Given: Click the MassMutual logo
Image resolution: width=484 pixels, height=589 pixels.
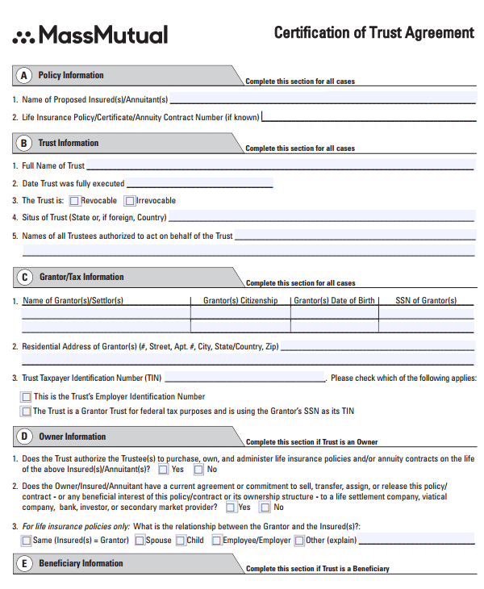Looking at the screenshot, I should click(90, 35).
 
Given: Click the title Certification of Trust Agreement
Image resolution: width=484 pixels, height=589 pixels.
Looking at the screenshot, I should click(373, 33).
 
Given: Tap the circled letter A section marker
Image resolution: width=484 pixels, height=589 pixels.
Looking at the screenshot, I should click(24, 75).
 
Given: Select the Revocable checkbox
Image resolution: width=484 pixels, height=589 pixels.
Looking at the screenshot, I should click(74, 201).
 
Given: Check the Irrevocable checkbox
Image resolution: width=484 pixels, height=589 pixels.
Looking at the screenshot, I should click(130, 201).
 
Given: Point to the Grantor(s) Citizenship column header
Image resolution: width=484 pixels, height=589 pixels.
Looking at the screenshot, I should click(240, 301).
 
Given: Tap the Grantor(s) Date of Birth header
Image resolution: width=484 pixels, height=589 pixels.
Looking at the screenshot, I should click(334, 301).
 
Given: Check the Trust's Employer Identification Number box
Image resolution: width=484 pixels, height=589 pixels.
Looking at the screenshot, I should click(27, 397).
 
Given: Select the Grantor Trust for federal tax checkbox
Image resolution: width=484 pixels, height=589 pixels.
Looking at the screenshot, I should click(27, 411).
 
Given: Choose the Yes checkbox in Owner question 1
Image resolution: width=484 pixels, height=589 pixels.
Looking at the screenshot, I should click(163, 470).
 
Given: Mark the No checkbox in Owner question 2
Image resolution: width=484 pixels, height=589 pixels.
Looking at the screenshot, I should click(264, 508).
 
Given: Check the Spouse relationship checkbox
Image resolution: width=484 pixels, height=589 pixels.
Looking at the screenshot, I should click(139, 541).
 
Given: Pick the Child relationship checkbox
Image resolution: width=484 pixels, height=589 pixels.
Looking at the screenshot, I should click(180, 541).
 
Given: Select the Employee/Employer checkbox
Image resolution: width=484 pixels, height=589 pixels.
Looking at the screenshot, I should click(216, 541).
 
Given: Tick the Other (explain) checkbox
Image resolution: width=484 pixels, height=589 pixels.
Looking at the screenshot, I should click(299, 541).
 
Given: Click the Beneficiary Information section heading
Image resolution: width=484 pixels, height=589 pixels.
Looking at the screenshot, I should click(81, 563).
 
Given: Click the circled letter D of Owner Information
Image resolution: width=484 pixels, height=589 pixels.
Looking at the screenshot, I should click(24, 437).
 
